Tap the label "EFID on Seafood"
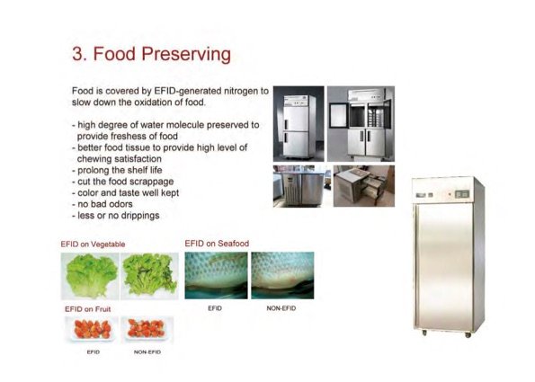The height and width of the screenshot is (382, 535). [217, 243]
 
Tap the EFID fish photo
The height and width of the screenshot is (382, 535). [215, 275]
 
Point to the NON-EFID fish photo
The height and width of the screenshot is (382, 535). [282, 275]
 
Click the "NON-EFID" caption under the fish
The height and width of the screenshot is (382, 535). [281, 308]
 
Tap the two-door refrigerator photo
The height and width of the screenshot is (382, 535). [298, 124]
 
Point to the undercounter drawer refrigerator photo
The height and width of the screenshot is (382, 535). [358, 186]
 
